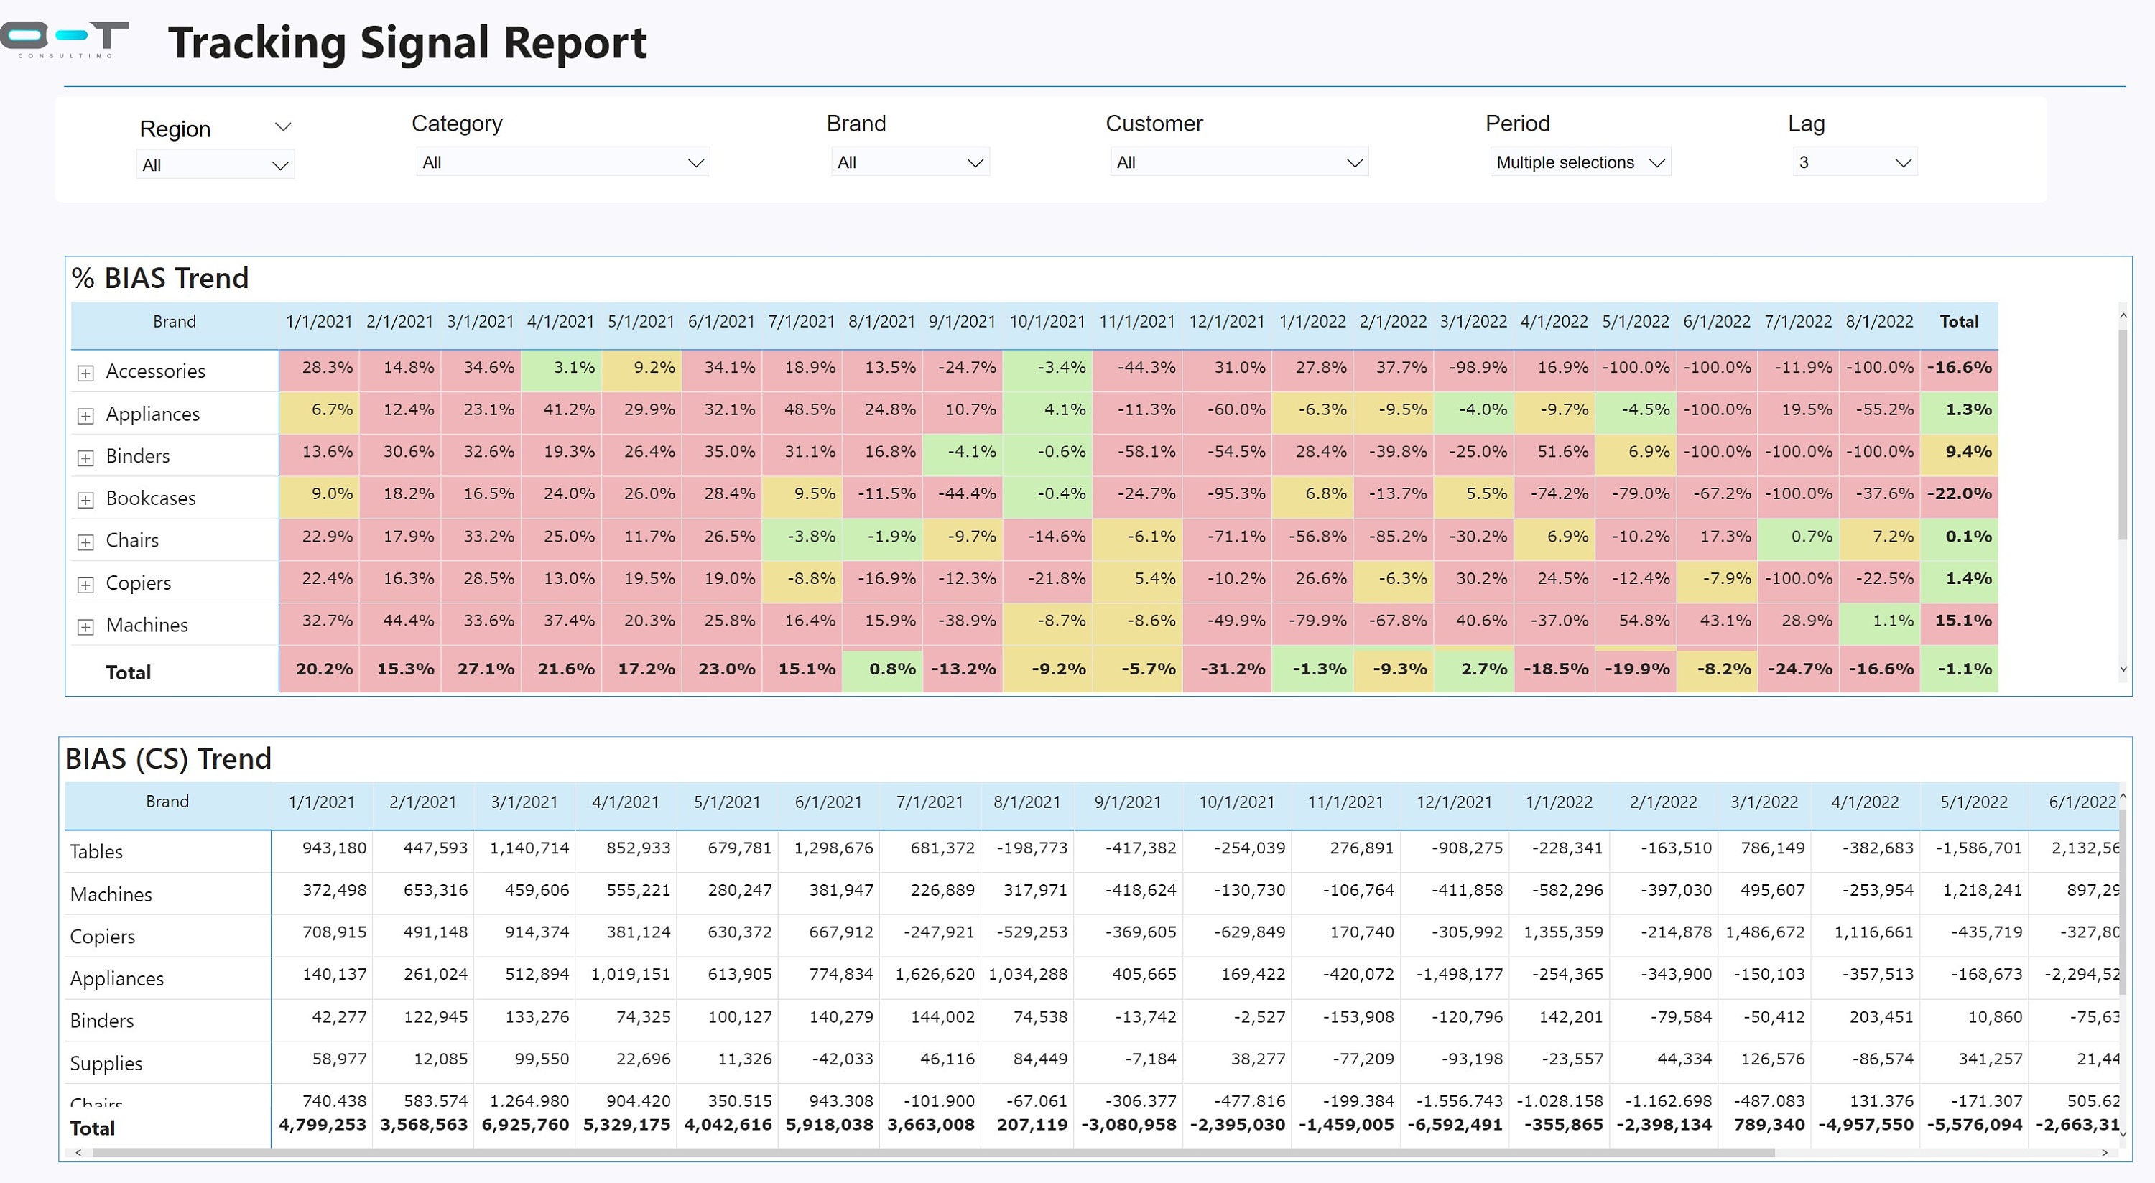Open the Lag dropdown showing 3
[1855, 162]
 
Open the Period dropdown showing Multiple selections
[1580, 162]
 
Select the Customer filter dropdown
[1239, 162]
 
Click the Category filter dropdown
[562, 162]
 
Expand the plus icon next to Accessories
[85, 373]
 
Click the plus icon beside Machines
[85, 626]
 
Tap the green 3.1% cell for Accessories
[560, 368]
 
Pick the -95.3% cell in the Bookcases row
[1226, 494]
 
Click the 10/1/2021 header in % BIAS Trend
[1047, 322]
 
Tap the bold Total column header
[1958, 322]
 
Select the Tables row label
[96, 852]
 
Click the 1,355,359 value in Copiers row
[1562, 932]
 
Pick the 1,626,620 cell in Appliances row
[934, 975]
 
